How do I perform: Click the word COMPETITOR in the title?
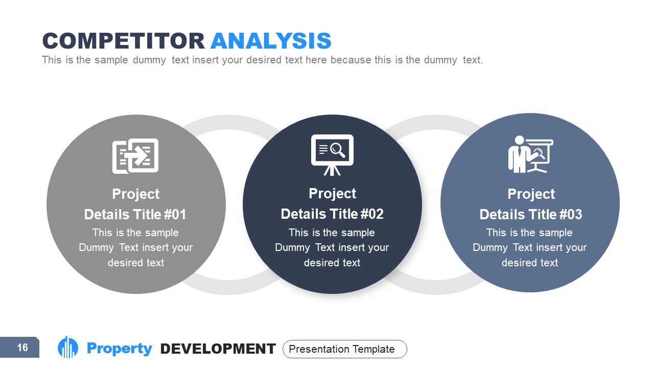[x=123, y=41]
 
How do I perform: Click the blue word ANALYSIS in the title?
[x=271, y=41]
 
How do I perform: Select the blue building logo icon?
[x=68, y=348]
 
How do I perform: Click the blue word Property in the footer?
[x=120, y=349]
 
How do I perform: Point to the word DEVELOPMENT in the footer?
[x=218, y=349]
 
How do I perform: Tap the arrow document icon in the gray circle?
[x=135, y=155]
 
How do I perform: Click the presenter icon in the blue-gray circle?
[x=530, y=154]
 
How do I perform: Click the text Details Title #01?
[x=135, y=214]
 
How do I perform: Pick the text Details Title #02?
[x=332, y=214]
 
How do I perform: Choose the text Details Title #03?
[x=530, y=214]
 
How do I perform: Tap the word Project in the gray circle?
[x=135, y=194]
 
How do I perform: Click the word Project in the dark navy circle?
[x=332, y=194]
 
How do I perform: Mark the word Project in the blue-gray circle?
[x=531, y=194]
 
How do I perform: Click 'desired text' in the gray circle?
[x=136, y=263]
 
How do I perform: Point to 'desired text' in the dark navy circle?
[x=332, y=263]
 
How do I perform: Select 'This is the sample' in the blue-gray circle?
[x=529, y=233]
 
